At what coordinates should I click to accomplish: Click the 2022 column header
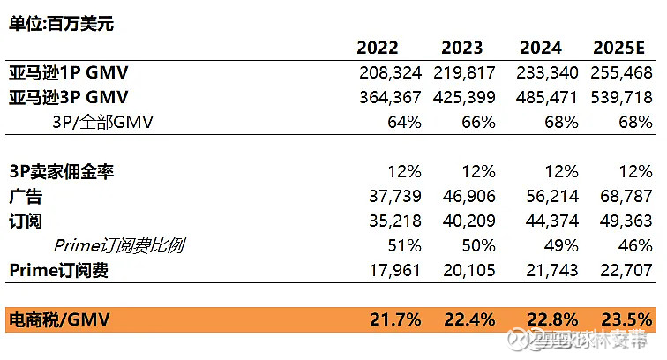[378, 48]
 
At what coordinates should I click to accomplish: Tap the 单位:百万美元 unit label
[61, 23]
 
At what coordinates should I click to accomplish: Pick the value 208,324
[391, 72]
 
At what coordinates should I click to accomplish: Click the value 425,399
[465, 97]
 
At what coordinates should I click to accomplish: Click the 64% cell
[404, 122]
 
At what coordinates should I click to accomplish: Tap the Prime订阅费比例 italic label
[120, 245]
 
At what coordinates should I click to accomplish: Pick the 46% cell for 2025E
[635, 245]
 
